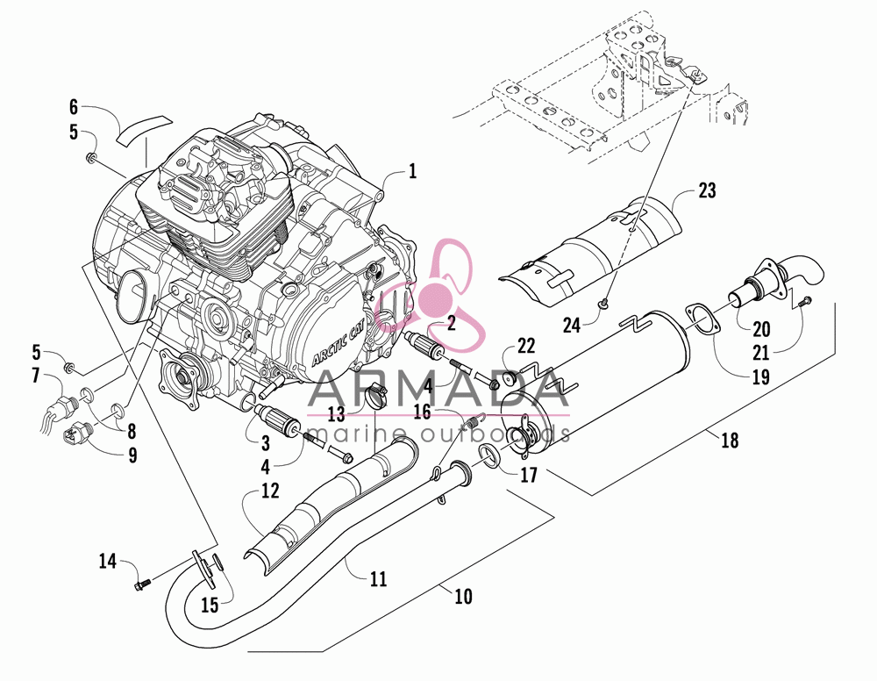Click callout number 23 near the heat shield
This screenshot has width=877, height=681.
pyautogui.click(x=707, y=190)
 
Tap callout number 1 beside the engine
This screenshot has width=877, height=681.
pyautogui.click(x=413, y=170)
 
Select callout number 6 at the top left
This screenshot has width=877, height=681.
pyautogui.click(x=74, y=106)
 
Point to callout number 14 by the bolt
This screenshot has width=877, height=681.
pyautogui.click(x=108, y=560)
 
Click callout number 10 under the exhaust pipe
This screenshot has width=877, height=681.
pyautogui.click(x=464, y=597)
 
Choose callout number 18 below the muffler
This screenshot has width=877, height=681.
pyautogui.click(x=730, y=441)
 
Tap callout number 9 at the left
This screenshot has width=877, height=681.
pyautogui.click(x=132, y=455)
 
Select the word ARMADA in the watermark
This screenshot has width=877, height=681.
pyautogui.click(x=438, y=390)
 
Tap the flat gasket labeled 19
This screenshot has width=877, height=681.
pyautogui.click(x=700, y=320)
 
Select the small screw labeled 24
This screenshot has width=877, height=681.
pyautogui.click(x=603, y=305)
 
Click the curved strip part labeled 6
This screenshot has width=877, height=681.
pyautogui.click(x=143, y=130)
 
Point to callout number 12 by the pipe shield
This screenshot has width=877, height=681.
pyautogui.click(x=269, y=491)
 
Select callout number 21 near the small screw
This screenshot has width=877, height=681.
pyautogui.click(x=761, y=353)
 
